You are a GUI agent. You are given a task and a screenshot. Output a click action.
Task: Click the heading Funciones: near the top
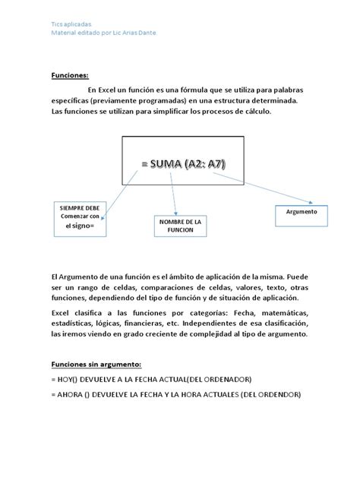[x=70, y=75]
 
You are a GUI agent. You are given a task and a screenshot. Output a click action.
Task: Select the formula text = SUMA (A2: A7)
[x=183, y=164]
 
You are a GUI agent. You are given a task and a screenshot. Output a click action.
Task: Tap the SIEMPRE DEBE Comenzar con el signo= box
[x=80, y=216]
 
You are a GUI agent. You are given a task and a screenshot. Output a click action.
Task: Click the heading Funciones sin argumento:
[x=96, y=364]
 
